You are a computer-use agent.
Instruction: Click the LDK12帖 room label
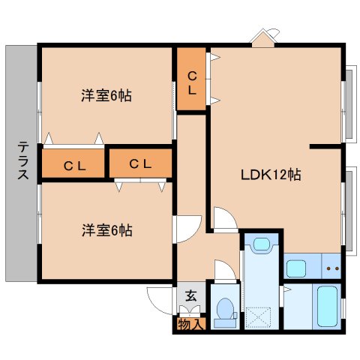coord(271,175)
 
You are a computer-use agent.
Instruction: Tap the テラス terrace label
coord(23,160)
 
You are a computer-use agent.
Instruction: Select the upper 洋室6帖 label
coord(106,95)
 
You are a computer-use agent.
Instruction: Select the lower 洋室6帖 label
coord(107,230)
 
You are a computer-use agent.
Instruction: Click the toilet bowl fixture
coord(226,313)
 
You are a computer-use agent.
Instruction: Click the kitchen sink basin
coord(296,268)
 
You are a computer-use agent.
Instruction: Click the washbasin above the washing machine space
coord(262,244)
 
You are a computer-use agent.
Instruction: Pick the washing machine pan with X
coord(258,317)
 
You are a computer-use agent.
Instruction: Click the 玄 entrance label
coord(191,296)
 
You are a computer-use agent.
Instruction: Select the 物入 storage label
coord(191,324)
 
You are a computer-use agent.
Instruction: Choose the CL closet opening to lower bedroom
coord(140,164)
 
